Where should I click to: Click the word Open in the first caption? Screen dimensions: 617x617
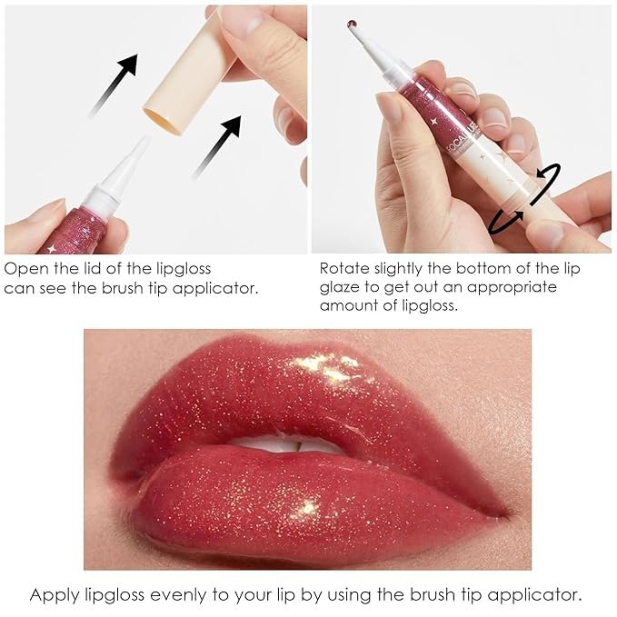(x=25, y=270)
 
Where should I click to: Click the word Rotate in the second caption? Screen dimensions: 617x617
(x=343, y=270)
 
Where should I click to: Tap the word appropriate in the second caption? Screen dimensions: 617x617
(x=508, y=287)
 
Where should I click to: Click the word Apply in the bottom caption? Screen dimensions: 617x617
(x=51, y=595)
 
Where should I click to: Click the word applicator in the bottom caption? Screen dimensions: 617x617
(x=540, y=595)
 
